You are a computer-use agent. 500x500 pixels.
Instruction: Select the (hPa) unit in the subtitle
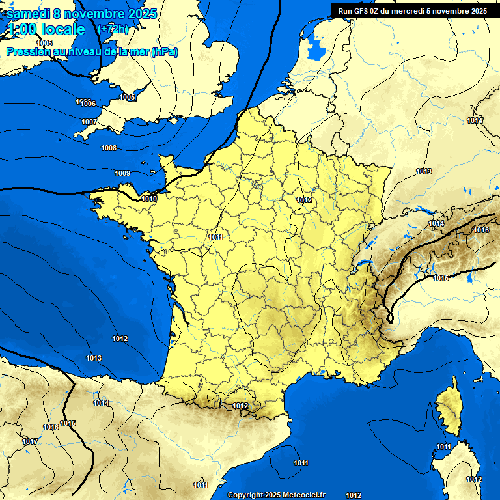(x=164, y=52)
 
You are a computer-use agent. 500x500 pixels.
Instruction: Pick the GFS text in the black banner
(x=366, y=11)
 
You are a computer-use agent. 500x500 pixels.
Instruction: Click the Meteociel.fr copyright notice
(x=277, y=495)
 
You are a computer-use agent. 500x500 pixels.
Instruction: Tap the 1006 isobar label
(x=88, y=104)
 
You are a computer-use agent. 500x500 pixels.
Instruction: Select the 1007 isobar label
(x=89, y=122)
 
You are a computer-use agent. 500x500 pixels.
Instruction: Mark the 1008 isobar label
(x=109, y=148)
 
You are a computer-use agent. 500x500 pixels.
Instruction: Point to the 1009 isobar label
(x=122, y=173)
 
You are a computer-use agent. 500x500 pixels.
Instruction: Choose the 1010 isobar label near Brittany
(x=149, y=199)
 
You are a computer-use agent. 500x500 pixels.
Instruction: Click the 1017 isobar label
(x=29, y=441)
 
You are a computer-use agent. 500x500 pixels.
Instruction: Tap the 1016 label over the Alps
(x=481, y=230)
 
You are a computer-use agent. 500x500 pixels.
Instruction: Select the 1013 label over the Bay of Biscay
(x=94, y=358)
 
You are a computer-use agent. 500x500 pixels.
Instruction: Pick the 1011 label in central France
(x=216, y=237)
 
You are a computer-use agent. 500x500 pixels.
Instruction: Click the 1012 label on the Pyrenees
(x=240, y=406)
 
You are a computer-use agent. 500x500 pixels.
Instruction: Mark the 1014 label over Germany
(x=475, y=120)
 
